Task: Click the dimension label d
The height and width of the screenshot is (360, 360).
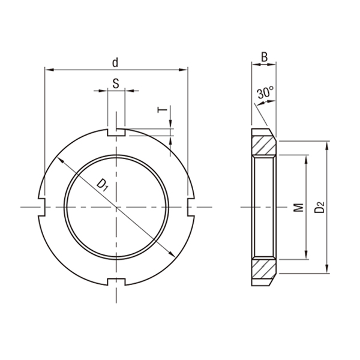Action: (115, 62)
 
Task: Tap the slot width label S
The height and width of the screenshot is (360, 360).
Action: (115, 83)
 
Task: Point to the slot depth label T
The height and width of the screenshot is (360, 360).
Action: (160, 110)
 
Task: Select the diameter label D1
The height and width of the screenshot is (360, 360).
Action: (103, 185)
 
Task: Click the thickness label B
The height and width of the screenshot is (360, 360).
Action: (263, 58)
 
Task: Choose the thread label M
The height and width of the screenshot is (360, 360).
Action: (298, 207)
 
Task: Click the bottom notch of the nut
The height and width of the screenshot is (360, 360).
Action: (115, 282)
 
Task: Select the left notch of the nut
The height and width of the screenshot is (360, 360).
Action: (42, 207)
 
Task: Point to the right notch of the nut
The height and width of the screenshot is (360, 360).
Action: (191, 207)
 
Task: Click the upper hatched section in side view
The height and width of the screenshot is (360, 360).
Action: (263, 145)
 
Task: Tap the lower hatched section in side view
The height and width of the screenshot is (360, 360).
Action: (263, 269)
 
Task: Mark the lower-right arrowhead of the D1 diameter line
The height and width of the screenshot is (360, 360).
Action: (170, 254)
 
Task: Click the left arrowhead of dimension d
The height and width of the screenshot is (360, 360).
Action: (48, 70)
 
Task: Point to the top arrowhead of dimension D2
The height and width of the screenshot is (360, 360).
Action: (327, 145)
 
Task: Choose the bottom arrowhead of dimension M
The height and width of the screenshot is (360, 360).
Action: (307, 257)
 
